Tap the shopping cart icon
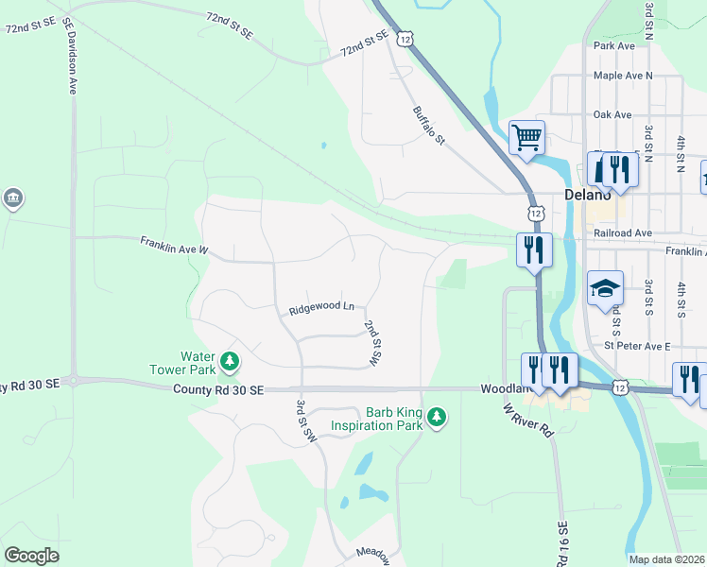(526, 137)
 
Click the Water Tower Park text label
(184, 364)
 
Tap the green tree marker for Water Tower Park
(229, 361)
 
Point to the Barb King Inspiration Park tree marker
(436, 417)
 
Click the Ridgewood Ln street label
(321, 308)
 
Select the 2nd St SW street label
(371, 342)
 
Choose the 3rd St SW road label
(304, 421)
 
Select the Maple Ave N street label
(623, 76)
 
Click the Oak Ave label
(612, 114)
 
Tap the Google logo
(32, 556)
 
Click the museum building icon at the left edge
(13, 198)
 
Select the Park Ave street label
(613, 44)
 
